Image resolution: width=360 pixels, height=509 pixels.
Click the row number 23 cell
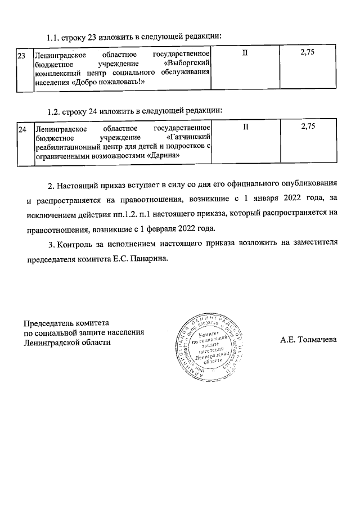(22, 56)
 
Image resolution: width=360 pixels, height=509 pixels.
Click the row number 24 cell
(22, 129)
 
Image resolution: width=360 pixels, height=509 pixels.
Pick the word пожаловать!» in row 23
(119, 82)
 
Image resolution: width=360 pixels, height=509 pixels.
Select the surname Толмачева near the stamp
(316, 340)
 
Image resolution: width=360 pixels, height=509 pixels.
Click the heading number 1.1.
(53, 38)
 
